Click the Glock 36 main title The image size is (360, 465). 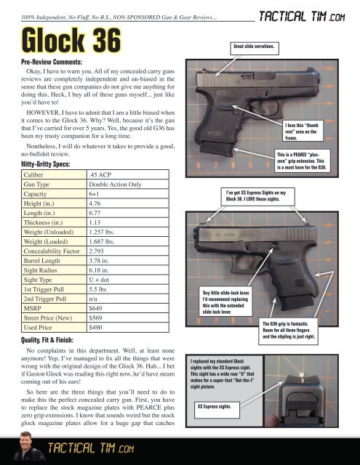[71, 40]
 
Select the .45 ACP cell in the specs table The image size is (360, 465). [128, 174]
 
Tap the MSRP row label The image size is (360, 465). [54, 308]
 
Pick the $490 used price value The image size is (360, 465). [128, 328]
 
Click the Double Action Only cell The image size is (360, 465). [128, 184]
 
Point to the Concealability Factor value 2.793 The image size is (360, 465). [128, 251]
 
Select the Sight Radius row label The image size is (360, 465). [54, 270]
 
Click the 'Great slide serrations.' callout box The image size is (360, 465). [255, 49]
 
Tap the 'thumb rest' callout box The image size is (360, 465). [303, 131]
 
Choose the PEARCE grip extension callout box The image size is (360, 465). [302, 161]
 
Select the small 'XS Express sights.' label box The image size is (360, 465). [217, 410]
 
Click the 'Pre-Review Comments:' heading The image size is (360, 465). [52, 62]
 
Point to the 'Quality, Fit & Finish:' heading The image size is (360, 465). [47, 340]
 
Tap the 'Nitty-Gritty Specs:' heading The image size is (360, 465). [46, 164]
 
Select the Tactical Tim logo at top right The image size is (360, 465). [302, 16]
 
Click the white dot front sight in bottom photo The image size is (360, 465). [301, 375]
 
